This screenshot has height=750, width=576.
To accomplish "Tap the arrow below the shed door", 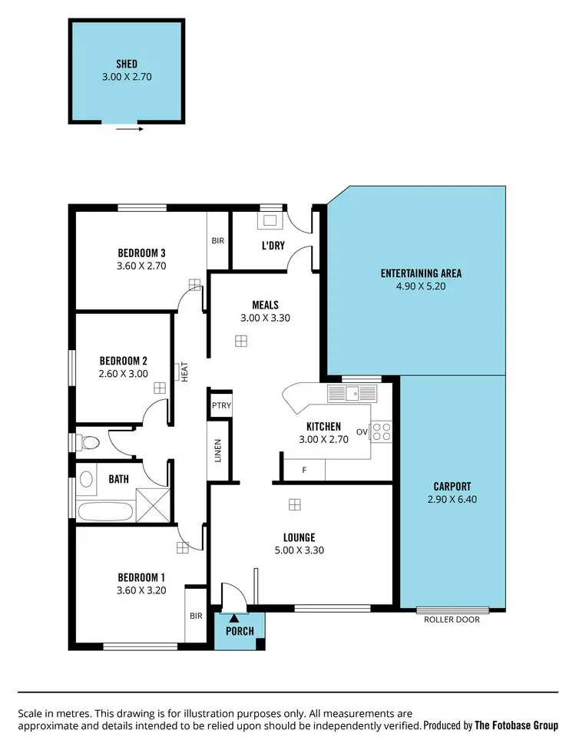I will click(130, 130).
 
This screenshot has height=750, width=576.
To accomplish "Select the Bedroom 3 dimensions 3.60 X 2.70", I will click(142, 266).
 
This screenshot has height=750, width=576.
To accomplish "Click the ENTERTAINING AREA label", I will click(421, 273).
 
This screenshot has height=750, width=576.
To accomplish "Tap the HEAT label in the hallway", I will click(184, 372).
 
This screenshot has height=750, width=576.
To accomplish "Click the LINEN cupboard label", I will click(218, 450).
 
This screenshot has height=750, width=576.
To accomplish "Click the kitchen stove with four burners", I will click(382, 431).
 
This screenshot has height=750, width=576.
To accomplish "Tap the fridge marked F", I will click(304, 469).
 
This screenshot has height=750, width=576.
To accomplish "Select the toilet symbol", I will click(88, 442).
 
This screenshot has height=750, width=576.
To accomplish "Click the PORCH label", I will click(239, 631).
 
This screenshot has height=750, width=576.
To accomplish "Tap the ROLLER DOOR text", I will click(452, 619).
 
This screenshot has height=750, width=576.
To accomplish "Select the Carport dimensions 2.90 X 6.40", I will click(452, 499).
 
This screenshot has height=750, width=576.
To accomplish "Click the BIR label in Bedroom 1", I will click(196, 616).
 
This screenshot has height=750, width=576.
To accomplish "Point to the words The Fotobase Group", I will click(517, 725).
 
